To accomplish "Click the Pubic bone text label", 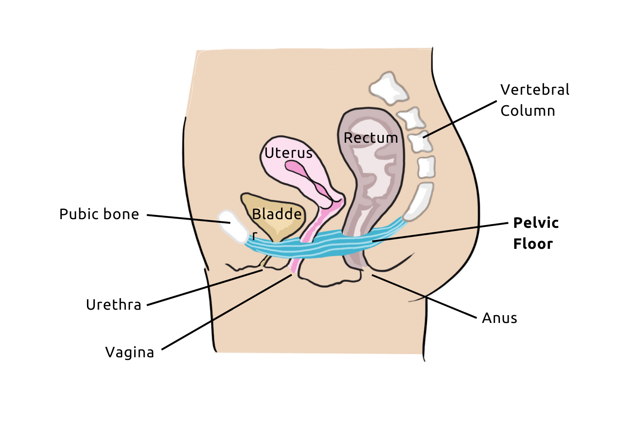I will (x=99, y=214).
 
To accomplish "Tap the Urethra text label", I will (x=114, y=305).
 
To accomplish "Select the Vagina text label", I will (x=130, y=352).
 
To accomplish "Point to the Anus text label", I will (x=500, y=318).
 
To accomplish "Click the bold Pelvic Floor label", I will (x=535, y=233).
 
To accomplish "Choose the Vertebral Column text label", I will (x=534, y=100).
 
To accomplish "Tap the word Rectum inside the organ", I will (x=370, y=138).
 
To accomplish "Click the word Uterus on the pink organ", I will (x=288, y=153).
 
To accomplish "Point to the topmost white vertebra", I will (x=388, y=88).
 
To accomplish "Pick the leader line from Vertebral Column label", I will (x=460, y=119).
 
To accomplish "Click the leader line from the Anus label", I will (x=424, y=296).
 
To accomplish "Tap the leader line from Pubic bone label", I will (x=188, y=219).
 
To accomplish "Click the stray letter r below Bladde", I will (x=255, y=236).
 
